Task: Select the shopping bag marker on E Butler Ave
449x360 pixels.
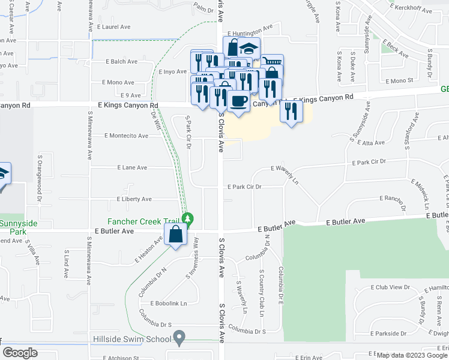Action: [175, 235]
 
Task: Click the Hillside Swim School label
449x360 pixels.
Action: [132, 339]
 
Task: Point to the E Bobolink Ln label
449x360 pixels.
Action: [168, 303]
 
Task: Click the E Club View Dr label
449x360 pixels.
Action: [390, 287]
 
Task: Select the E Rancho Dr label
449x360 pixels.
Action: [393, 199]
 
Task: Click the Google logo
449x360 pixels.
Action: [20, 353]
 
